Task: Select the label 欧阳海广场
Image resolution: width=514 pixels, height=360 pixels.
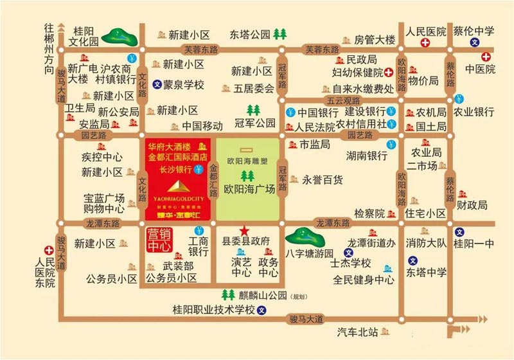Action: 249,189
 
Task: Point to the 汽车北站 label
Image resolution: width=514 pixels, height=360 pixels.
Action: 358,332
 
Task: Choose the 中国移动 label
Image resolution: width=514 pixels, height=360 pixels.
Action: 202,125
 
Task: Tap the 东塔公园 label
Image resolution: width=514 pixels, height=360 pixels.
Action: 251,34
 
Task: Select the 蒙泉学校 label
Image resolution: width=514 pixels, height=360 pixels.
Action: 182,84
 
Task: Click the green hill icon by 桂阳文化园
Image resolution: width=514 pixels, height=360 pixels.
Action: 122,33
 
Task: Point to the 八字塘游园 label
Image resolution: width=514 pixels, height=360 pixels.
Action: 311,253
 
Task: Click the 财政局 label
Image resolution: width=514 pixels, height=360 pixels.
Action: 472,206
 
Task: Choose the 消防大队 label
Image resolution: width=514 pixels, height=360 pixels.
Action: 425,243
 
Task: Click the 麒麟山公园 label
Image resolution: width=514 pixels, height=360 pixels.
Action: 258,295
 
